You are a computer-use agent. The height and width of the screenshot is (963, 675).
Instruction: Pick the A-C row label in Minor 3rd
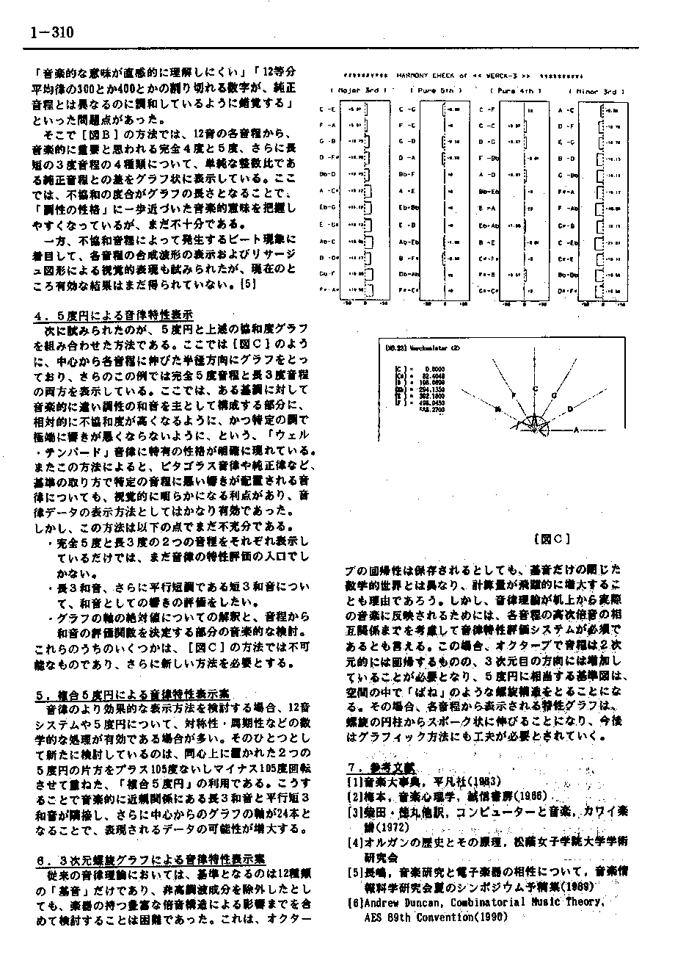pyautogui.click(x=566, y=110)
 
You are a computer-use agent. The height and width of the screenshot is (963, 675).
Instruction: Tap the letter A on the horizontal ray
pyautogui.click(x=577, y=428)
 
